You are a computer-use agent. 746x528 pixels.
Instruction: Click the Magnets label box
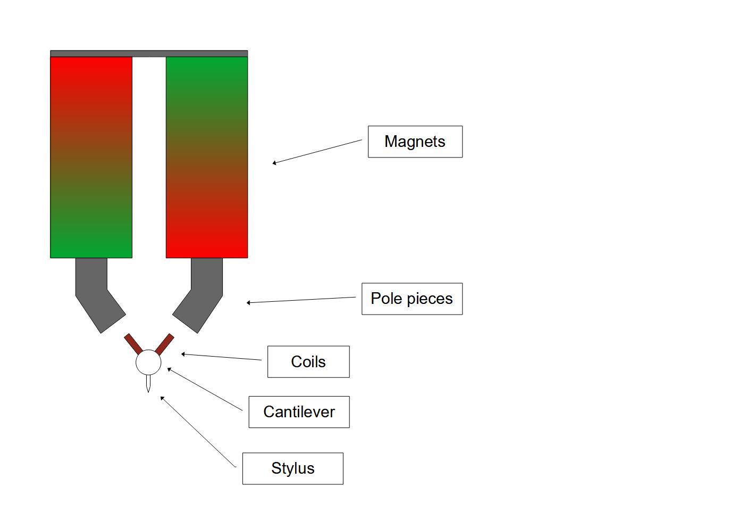tap(415, 142)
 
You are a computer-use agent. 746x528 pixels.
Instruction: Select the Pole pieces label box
tap(412, 299)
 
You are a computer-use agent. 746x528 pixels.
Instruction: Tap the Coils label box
tap(308, 362)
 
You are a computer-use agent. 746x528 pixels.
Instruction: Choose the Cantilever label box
tap(299, 412)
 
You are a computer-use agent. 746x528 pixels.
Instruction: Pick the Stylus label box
tap(292, 468)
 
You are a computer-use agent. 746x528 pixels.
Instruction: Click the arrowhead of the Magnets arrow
tap(274, 163)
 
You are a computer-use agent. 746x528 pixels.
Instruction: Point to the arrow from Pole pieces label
tap(301, 300)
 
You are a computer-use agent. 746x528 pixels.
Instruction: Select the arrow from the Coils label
tap(221, 357)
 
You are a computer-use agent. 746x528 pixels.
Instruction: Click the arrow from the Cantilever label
tap(205, 389)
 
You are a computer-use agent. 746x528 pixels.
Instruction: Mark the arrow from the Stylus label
tap(198, 432)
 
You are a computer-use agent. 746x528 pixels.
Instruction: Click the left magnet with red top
tap(91, 157)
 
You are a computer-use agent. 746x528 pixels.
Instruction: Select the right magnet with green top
tap(207, 157)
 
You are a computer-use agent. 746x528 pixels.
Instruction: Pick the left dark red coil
tap(133, 344)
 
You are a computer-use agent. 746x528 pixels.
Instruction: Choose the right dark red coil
tap(164, 344)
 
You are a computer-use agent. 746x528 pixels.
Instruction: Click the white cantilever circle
tap(148, 363)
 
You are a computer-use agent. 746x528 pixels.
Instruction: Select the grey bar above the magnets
tap(149, 53)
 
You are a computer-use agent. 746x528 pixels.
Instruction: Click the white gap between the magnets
tap(149, 157)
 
